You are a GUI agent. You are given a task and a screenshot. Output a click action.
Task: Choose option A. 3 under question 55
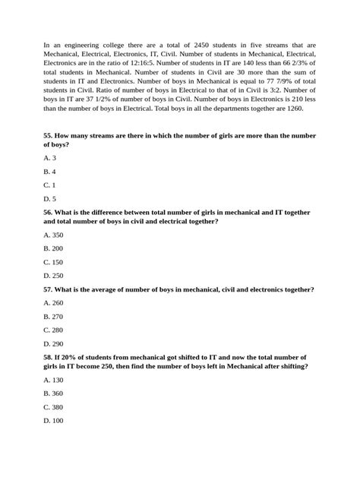pos(50,157)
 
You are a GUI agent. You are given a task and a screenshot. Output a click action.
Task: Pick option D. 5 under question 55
pos(50,199)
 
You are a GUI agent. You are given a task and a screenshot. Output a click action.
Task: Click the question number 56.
pos(49,213)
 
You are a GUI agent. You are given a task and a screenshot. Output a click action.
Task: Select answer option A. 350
pos(54,235)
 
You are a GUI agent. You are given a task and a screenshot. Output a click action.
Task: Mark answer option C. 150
pos(54,262)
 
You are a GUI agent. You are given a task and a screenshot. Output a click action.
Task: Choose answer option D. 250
pos(54,276)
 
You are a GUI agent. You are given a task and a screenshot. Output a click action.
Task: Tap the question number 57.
pos(49,289)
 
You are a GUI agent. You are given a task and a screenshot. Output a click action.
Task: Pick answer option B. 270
pos(54,316)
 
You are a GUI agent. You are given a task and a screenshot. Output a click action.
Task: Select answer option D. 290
pos(54,343)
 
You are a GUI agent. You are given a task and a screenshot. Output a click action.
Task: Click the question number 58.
pos(49,357)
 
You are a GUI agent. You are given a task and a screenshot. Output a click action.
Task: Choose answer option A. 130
pos(54,379)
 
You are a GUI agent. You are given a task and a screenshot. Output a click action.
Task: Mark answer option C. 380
pos(54,406)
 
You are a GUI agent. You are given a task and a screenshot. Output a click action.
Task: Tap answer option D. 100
pos(54,420)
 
